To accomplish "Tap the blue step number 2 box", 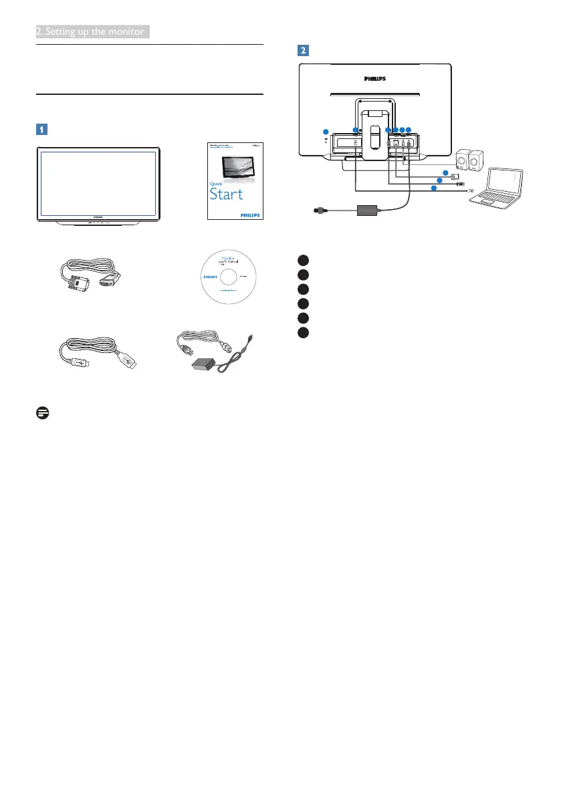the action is coord(304,51).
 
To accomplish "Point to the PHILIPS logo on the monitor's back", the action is coord(374,78).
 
